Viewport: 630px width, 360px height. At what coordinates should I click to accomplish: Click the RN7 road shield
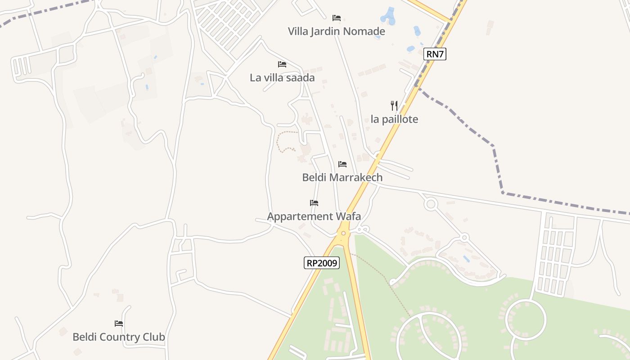pos(435,54)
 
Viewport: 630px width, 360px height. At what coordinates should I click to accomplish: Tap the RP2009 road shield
pos(321,263)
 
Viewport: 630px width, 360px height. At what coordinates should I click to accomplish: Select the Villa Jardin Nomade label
pos(336,31)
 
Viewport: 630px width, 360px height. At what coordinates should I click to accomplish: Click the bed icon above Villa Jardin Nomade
pos(336,18)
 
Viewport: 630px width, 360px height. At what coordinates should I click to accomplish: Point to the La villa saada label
pos(282,77)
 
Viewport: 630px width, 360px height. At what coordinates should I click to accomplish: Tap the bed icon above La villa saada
pos(282,64)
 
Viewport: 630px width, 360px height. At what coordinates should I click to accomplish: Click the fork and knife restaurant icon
pos(394,106)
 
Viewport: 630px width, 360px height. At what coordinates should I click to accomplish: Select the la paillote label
pos(394,119)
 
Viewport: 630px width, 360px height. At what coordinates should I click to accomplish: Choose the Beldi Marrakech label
pos(342,177)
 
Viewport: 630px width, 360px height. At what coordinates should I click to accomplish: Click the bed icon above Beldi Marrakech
pos(342,164)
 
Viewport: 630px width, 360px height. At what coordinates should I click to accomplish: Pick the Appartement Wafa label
pos(314,216)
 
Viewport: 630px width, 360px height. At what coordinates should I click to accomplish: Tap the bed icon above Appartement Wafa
pos(314,203)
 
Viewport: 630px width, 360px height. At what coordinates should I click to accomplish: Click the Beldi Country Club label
pos(119,337)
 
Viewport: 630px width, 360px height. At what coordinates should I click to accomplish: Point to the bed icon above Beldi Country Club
pos(119,323)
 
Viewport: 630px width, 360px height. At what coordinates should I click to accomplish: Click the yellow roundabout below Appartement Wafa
pos(343,233)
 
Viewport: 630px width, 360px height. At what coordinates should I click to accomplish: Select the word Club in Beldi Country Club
pos(154,337)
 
